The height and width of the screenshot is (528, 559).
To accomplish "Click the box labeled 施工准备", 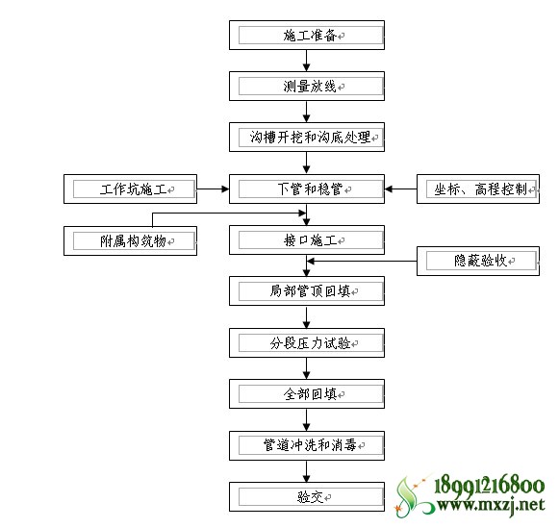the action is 307,35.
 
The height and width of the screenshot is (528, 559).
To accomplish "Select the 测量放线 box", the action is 307,87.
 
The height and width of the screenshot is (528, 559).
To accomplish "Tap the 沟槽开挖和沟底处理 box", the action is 307,138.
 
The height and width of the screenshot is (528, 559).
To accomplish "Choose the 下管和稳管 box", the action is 307,189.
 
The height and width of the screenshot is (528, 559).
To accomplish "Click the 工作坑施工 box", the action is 130,189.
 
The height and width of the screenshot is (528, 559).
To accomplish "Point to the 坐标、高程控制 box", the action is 478,189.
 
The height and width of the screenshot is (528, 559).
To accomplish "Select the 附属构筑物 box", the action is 130,240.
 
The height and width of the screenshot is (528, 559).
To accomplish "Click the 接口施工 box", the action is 307,240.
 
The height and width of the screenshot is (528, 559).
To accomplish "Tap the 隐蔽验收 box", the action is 478,261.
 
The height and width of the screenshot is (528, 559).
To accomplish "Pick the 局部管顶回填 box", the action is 307,291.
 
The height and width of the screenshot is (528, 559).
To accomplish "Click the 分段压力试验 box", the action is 307,342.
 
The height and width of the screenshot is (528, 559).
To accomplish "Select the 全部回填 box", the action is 307,393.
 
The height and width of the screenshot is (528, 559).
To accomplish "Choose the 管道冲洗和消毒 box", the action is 307,445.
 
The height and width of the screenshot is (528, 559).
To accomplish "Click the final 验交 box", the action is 307,496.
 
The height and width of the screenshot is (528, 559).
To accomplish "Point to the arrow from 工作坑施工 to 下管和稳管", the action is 214,189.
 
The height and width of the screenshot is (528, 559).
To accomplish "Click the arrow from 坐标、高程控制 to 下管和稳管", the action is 400,189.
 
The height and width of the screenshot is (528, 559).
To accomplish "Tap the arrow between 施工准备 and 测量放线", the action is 306,61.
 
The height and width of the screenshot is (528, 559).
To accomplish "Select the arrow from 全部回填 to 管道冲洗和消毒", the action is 306,419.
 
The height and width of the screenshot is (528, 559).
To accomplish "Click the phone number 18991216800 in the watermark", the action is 489,486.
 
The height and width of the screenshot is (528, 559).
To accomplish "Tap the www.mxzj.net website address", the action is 491,505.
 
